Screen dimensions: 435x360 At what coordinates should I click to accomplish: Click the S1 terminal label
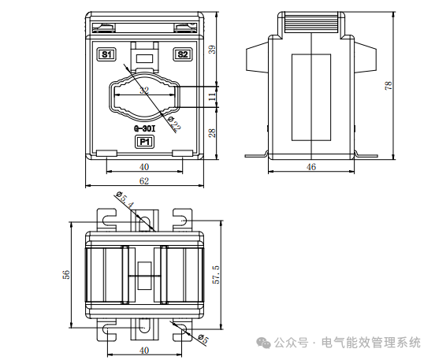pos(106,54)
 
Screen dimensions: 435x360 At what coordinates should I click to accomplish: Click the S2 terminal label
pos(183,54)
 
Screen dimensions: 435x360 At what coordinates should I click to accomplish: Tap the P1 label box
pos(144,142)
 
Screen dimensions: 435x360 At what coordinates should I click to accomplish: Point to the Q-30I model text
pos(144,129)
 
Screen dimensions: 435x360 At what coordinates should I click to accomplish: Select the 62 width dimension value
pos(144,181)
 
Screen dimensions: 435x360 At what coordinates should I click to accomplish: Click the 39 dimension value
pos(212,50)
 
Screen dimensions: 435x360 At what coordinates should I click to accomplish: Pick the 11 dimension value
pos(212,97)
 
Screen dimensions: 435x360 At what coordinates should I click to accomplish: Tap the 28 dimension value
pos(212,133)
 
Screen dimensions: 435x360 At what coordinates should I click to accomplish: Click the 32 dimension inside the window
pos(144,90)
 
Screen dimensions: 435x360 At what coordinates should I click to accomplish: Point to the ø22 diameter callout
pos(175,124)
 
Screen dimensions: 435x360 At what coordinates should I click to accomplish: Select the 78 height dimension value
pos(389,85)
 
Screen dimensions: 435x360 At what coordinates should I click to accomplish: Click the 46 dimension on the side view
pos(311,167)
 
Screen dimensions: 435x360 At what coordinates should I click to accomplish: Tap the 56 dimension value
pos(66,274)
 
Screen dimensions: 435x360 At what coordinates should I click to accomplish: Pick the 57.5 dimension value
pos(216,275)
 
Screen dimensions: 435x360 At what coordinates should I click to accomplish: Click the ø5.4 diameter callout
pos(125,199)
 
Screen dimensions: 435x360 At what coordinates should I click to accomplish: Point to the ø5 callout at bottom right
pos(203,339)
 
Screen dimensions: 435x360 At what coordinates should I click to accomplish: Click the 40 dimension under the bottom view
pos(144,351)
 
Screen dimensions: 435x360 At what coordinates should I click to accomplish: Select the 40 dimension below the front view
pos(144,167)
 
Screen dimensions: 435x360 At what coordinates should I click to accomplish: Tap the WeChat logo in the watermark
pos(263,343)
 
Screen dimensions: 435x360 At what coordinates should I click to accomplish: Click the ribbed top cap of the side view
pos(311,23)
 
